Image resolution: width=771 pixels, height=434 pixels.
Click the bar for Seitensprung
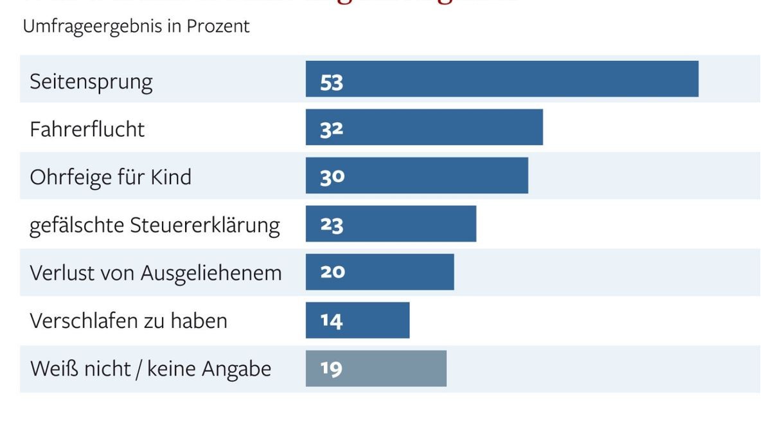[x=501, y=79]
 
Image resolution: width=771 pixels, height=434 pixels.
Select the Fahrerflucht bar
[x=424, y=127]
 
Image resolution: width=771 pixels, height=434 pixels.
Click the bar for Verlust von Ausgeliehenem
[x=379, y=272]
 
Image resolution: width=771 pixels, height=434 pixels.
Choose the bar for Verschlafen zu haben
[x=357, y=320]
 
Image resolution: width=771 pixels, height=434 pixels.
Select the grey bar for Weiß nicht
[x=376, y=368]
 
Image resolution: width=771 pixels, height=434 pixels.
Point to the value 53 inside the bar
[x=332, y=82]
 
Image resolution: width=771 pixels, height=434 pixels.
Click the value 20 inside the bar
[x=332, y=272]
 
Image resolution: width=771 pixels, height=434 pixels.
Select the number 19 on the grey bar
[x=332, y=369]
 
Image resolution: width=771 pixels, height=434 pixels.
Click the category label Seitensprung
[x=91, y=82]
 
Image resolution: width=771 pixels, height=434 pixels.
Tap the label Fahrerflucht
[x=87, y=129]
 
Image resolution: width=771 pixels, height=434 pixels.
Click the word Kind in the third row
[x=170, y=177]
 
